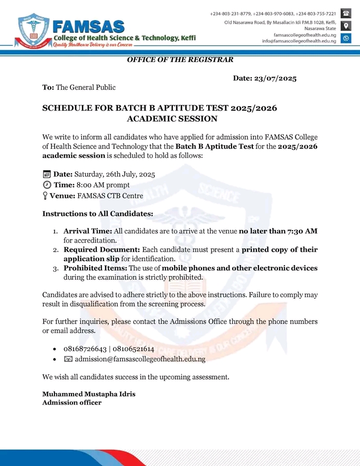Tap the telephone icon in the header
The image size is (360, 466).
[346, 14]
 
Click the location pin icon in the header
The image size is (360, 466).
[346, 25]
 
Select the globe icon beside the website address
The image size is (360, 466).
[346, 38]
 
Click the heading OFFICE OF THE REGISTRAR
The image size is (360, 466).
[180, 60]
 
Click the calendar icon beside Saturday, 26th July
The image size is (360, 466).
[47, 174]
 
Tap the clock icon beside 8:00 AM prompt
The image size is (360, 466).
[47, 185]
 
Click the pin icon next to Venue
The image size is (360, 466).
[45, 196]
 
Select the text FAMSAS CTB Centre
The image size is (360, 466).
[110, 196]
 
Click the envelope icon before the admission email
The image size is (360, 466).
[68, 359]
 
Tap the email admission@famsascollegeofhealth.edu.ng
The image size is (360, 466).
[140, 359]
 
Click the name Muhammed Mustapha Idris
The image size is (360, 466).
[89, 394]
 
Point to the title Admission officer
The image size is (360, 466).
[71, 402]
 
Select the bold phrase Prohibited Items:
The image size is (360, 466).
[95, 268]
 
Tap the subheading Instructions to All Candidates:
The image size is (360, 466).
[97, 213]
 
